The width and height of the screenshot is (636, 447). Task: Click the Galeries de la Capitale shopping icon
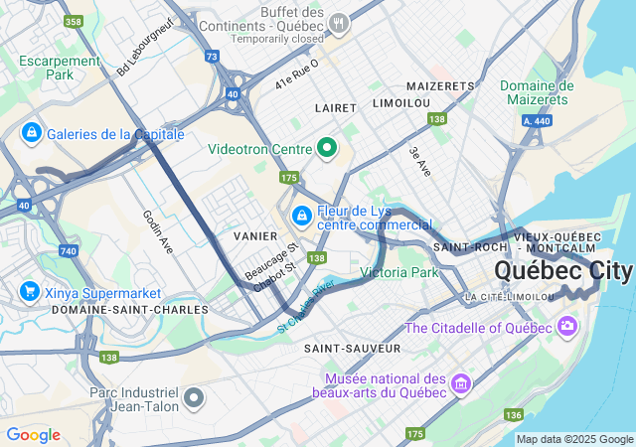pyautogui.click(x=31, y=133)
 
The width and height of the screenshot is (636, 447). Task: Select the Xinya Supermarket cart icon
pyautogui.click(x=29, y=292)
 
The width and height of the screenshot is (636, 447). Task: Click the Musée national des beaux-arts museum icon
pyautogui.click(x=460, y=383)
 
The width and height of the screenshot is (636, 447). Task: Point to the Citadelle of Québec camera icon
pyautogui.click(x=566, y=325)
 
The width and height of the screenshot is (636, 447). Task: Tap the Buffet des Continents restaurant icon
pyautogui.click(x=339, y=21)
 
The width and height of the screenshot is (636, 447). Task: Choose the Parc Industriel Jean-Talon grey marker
pyautogui.click(x=194, y=399)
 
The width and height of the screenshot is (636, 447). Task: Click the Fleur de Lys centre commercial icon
pyautogui.click(x=301, y=215)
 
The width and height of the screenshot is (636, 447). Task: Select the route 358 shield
pyautogui.click(x=72, y=20)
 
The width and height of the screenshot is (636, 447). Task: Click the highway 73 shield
pyautogui.click(x=212, y=57)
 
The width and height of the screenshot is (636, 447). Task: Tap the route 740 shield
pyautogui.click(x=69, y=252)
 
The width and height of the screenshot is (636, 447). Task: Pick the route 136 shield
pyautogui.click(x=513, y=414)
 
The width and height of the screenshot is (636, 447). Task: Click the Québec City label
pyautogui.click(x=562, y=271)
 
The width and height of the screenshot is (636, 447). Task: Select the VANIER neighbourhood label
pyautogui.click(x=247, y=236)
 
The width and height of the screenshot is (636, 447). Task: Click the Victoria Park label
pyautogui.click(x=398, y=272)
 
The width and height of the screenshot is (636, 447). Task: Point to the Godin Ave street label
pyautogui.click(x=159, y=231)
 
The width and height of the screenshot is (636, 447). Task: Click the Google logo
pyautogui.click(x=33, y=435)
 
